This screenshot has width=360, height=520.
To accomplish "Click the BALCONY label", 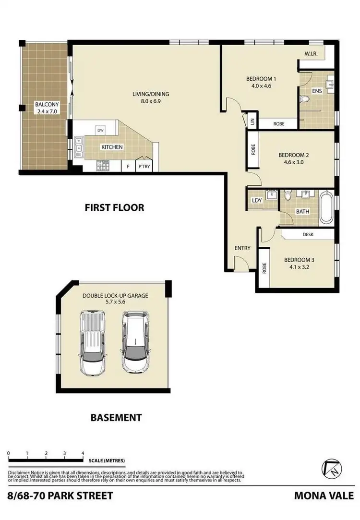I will [47, 104].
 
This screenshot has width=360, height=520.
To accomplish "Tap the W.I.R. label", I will [312, 54].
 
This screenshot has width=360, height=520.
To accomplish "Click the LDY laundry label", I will [257, 200].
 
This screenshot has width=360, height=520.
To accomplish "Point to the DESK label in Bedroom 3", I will [308, 235].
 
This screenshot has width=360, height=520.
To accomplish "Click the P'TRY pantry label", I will [144, 167].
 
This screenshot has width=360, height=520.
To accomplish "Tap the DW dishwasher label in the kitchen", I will [100, 130].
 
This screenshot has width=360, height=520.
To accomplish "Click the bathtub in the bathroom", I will [326, 208].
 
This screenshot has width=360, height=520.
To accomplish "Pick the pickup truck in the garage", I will [93, 343].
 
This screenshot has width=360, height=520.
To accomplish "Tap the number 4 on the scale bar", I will [83, 453].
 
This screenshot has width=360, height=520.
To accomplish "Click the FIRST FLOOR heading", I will [114, 207].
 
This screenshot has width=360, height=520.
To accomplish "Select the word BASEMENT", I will [116, 418].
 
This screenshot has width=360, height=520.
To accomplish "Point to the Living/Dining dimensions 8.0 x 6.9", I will [151, 102].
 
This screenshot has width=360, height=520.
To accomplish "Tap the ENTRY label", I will [242, 248].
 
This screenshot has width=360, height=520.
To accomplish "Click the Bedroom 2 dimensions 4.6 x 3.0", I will [294, 162].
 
